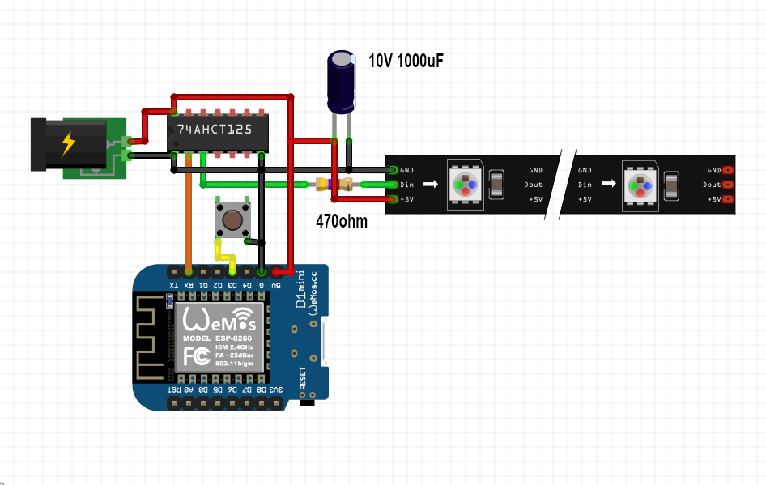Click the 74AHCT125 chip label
214,130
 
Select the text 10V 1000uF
406,61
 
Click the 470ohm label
341,219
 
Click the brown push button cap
232,219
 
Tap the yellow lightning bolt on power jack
69,144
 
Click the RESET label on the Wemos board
303,378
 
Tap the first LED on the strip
465,184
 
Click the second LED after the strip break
640,184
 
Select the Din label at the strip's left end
406,185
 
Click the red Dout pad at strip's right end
728,185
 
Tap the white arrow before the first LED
429,185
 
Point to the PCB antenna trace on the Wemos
151,338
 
